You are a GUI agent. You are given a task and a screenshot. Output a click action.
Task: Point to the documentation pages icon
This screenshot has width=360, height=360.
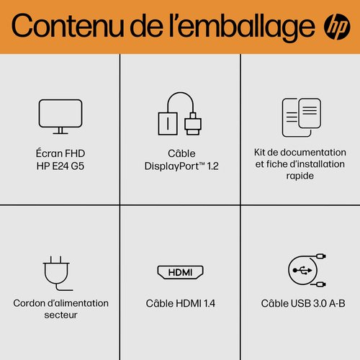tap(300, 115)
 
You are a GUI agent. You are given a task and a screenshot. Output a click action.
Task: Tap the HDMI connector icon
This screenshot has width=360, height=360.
tap(179, 272)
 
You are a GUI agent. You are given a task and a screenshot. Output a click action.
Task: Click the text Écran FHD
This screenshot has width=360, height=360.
tap(60, 153)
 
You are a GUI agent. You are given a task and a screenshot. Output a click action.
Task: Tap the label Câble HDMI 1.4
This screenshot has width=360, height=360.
tap(179, 303)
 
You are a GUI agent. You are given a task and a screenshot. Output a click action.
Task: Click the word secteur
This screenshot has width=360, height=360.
tap(60, 315)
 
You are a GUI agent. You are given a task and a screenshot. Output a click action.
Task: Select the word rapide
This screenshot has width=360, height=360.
tap(300, 176)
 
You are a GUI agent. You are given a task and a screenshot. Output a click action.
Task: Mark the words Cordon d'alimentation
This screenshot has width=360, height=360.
tap(60, 302)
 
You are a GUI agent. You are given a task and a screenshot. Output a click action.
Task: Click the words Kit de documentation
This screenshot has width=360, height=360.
tap(300, 153)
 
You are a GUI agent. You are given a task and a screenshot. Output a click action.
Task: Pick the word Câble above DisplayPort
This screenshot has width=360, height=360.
tap(179, 153)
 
